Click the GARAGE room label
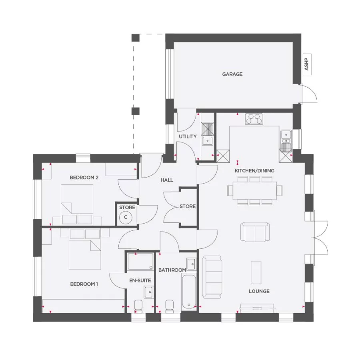232,74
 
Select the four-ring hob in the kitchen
254,119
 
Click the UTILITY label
188,136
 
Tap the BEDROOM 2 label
84,177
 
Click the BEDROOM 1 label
84,284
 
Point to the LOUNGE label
259,291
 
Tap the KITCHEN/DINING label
254,170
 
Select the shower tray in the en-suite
140,261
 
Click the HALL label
167,180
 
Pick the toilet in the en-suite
139,306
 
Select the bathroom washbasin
191,264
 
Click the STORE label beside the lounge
188,206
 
